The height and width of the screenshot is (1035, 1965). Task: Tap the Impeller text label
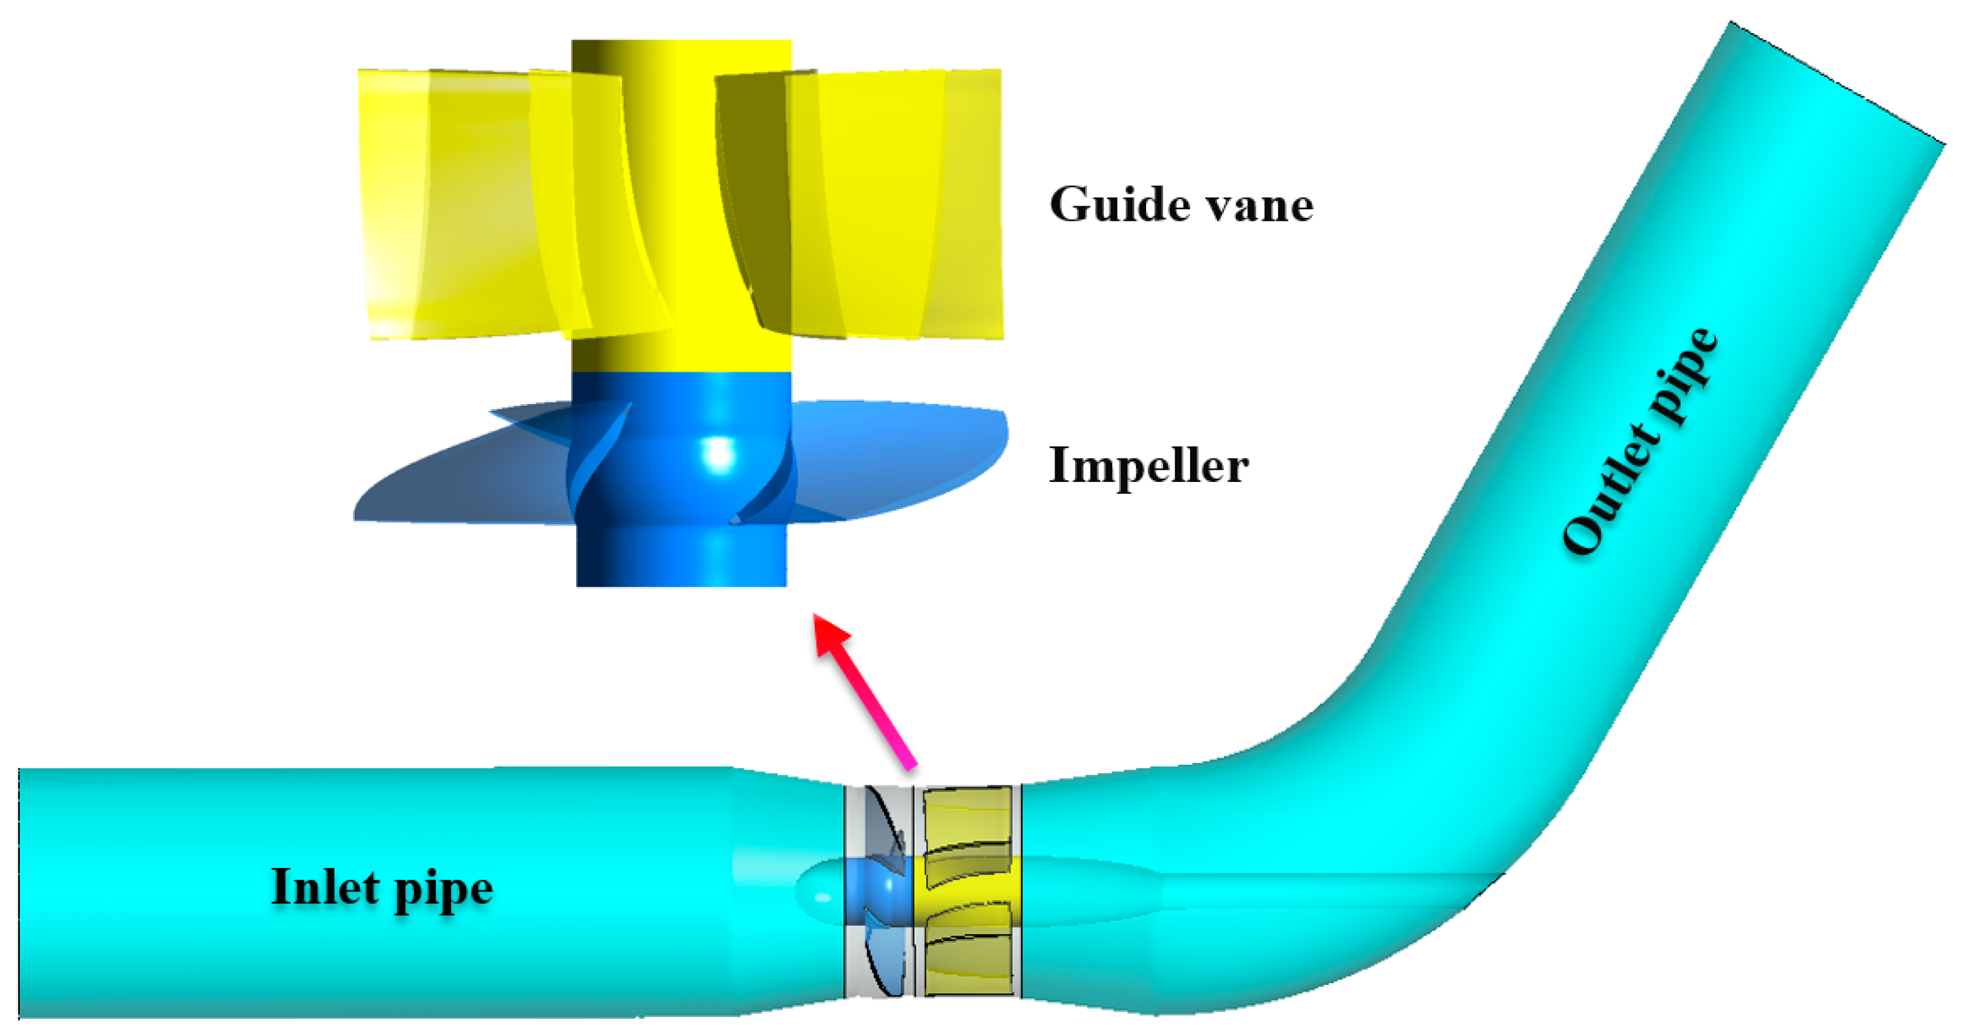(x=1149, y=465)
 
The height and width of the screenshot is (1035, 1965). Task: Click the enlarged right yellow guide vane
(x=892, y=206)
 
